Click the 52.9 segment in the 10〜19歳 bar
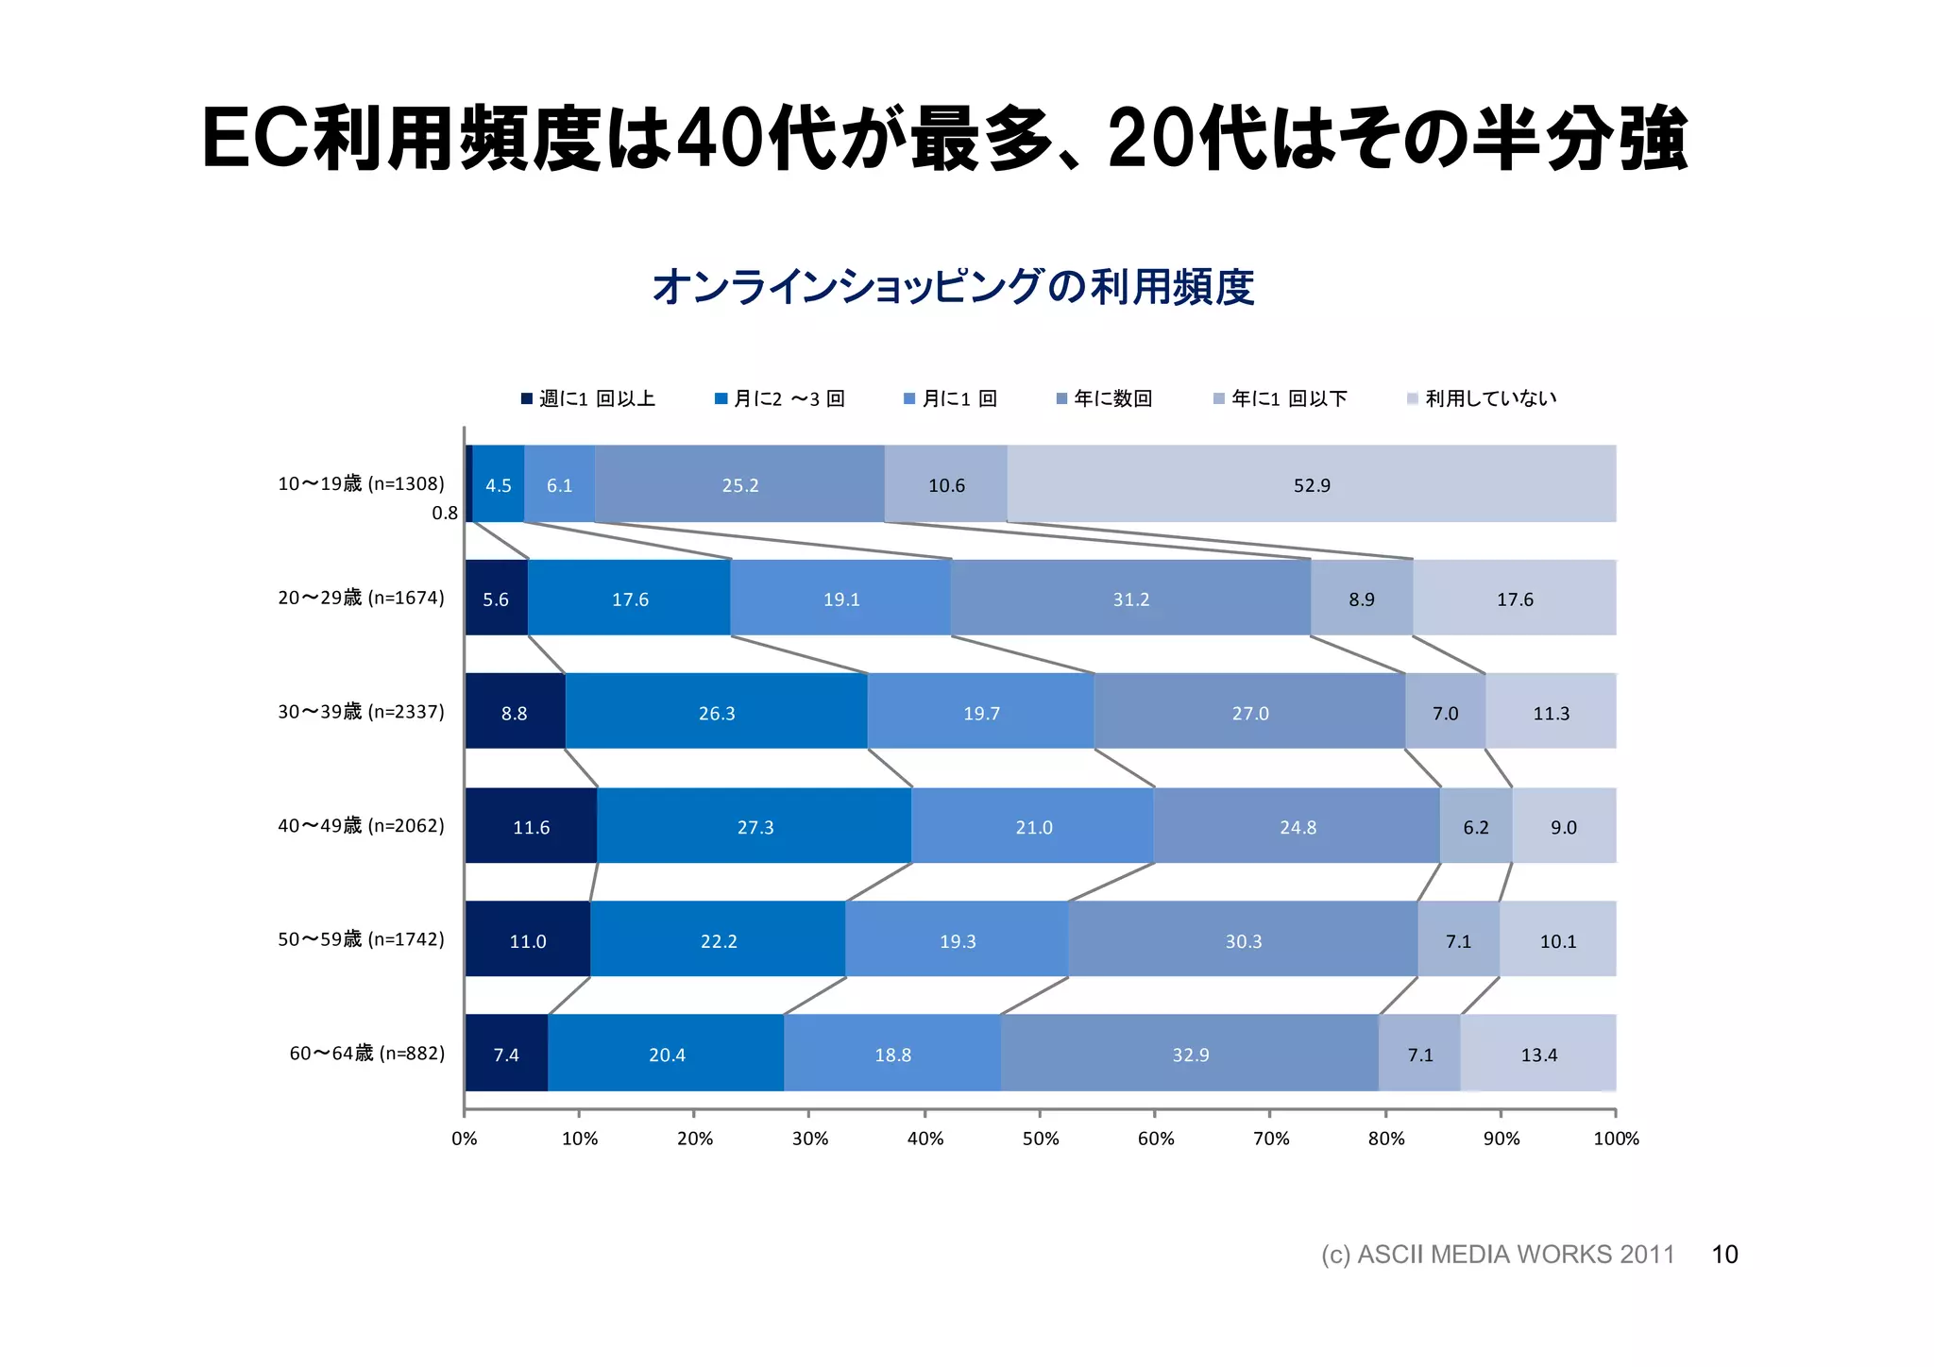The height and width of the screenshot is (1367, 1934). (x=1311, y=484)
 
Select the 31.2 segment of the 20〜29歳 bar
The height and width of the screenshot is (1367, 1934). (x=1130, y=599)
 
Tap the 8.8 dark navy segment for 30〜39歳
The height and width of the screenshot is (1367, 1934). (x=514, y=713)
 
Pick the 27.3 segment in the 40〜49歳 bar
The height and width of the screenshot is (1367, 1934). (x=755, y=827)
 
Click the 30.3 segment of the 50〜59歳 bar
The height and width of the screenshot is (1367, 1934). (x=1243, y=940)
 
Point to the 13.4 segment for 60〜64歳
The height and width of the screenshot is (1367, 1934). (x=1538, y=1054)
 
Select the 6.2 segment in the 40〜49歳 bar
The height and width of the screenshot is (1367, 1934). (x=1475, y=827)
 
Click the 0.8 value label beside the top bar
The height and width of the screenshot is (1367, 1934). (x=445, y=514)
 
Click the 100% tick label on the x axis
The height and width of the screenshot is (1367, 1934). (x=1616, y=1138)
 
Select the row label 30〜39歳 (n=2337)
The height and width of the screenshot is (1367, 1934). (x=361, y=711)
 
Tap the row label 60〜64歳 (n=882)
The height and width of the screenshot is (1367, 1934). (x=366, y=1053)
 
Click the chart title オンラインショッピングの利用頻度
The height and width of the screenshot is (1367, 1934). (x=953, y=287)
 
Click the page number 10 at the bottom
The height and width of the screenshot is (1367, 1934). (x=1724, y=1254)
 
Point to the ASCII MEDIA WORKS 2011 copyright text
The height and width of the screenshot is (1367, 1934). (x=1498, y=1254)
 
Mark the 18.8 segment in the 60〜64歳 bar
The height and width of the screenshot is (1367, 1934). (x=892, y=1054)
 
